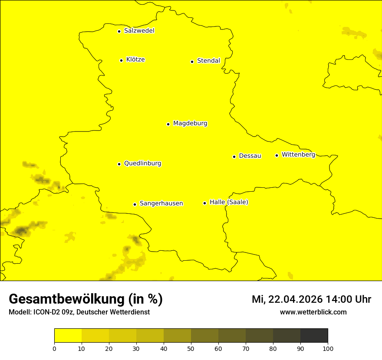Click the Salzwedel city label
(x=139, y=31)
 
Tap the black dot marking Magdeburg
(x=168, y=124)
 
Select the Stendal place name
(x=208, y=61)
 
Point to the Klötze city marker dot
(x=121, y=60)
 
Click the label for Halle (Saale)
(x=229, y=202)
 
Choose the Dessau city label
(x=250, y=156)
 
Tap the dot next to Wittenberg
(x=277, y=155)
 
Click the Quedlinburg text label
(x=142, y=164)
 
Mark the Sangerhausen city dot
(x=135, y=204)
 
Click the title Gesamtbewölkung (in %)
(x=86, y=299)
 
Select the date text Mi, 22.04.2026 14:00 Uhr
(x=311, y=299)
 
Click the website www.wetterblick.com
(x=313, y=312)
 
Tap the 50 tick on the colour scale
(x=191, y=348)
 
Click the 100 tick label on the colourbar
(x=328, y=348)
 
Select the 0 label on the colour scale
(x=54, y=348)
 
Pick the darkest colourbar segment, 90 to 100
(x=314, y=336)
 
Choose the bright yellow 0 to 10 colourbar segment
(x=68, y=336)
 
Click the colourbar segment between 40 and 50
(x=177, y=336)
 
